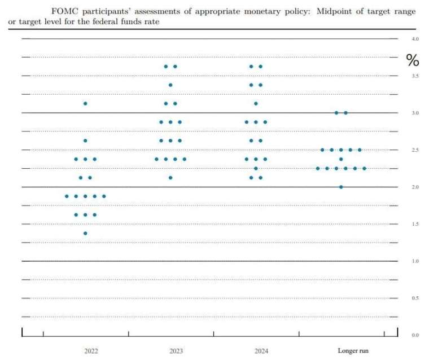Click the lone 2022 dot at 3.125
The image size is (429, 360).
85,103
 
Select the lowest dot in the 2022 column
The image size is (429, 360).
85,233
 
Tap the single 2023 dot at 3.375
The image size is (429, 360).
170,85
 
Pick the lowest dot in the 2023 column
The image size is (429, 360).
170,178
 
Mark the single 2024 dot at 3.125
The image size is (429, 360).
256,103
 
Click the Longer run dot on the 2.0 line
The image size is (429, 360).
341,187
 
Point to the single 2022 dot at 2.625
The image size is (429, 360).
85,141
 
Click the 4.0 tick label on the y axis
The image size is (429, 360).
415,39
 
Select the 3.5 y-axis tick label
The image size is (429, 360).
415,76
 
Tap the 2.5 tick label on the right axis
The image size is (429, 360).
415,150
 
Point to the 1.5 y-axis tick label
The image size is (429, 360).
415,224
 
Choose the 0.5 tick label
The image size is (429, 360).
415,298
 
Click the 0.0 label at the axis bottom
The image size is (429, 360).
415,335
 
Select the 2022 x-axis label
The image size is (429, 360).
91,351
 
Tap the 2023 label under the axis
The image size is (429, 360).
176,351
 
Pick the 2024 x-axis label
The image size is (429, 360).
261,351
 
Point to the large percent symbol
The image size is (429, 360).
413,60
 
